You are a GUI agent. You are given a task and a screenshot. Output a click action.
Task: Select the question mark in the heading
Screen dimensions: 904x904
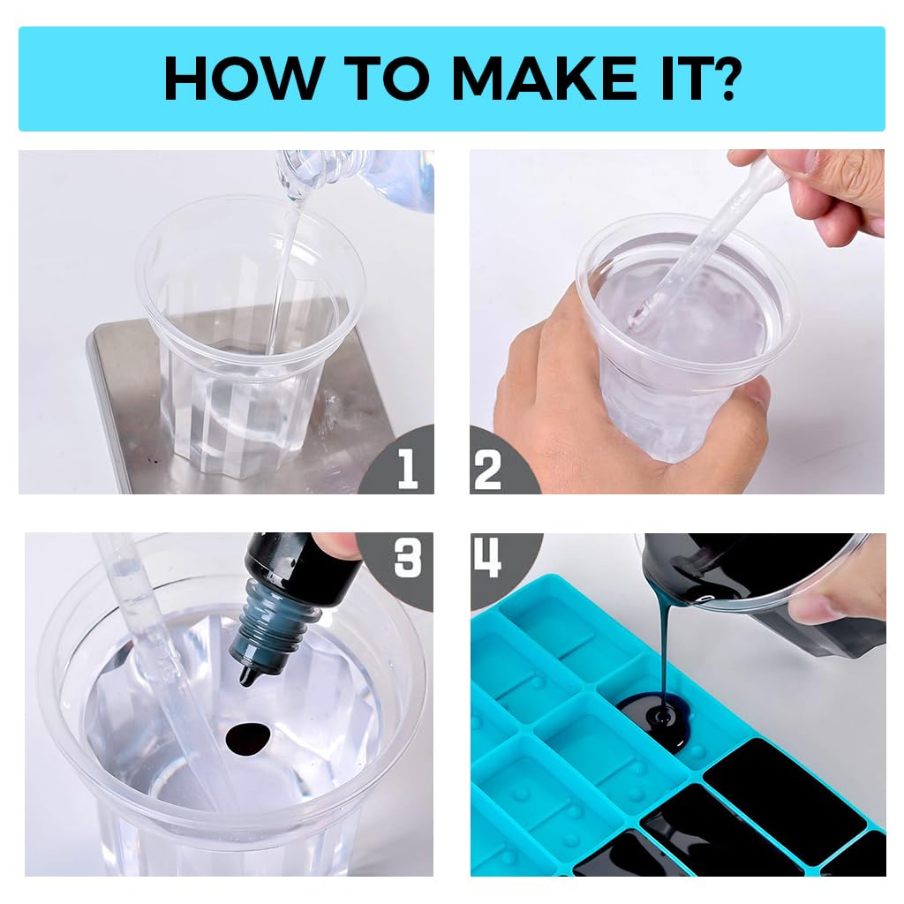(724, 79)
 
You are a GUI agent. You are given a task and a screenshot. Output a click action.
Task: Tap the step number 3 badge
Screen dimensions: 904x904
(407, 558)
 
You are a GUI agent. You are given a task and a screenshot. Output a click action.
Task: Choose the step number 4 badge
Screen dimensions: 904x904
(488, 558)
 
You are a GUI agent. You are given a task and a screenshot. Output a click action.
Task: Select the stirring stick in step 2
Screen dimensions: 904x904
(697, 247)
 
